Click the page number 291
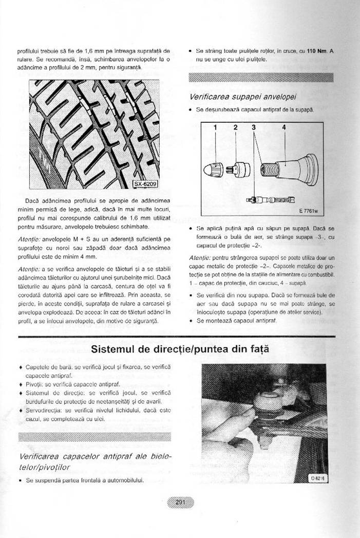pyautogui.click(x=180, y=502)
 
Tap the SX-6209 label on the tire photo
pyautogui.click(x=145, y=184)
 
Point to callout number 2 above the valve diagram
pyautogui.click(x=236, y=127)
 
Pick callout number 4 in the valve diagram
pyautogui.click(x=283, y=127)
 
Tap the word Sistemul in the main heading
pyautogui.click(x=113, y=349)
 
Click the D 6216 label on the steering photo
pyautogui.click(x=318, y=477)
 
